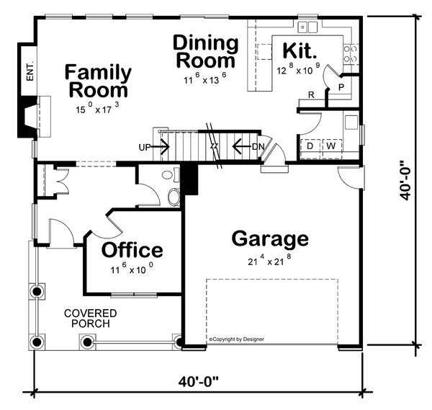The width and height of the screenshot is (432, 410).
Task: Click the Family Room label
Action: click(x=98, y=81)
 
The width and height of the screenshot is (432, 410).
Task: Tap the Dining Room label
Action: click(x=205, y=51)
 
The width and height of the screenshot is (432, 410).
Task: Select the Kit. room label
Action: click(x=300, y=50)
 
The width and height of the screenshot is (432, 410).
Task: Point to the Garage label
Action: click(x=270, y=239)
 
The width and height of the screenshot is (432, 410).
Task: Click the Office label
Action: click(x=132, y=249)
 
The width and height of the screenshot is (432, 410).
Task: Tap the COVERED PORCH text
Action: click(x=91, y=318)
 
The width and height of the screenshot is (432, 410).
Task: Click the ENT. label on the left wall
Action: click(x=30, y=71)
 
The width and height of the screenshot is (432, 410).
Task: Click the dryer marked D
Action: click(x=310, y=149)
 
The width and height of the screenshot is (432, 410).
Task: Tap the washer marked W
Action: click(x=332, y=149)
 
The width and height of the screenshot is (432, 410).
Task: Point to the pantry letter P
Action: click(x=341, y=87)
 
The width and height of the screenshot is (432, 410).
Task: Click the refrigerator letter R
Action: click(x=311, y=95)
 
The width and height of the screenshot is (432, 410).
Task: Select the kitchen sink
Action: click(x=307, y=27)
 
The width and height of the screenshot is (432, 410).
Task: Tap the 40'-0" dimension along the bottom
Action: click(x=199, y=382)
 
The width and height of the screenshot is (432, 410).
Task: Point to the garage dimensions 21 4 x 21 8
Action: click(x=269, y=260)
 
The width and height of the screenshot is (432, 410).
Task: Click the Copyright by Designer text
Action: click(x=236, y=339)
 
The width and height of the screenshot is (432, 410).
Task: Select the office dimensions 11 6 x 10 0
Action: click(x=132, y=269)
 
